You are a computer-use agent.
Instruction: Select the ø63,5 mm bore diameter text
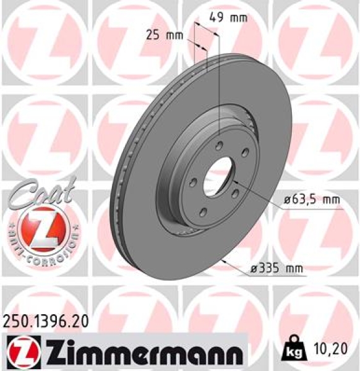tap(312, 200)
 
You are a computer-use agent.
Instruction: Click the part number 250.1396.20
tap(46, 320)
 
